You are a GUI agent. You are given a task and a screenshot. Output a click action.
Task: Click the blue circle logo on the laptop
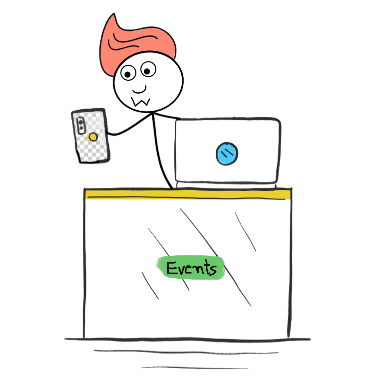pyautogui.click(x=227, y=154)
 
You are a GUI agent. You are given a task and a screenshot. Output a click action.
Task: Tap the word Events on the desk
pyautogui.click(x=192, y=268)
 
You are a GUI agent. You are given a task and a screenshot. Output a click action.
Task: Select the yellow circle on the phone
pyautogui.click(x=93, y=137)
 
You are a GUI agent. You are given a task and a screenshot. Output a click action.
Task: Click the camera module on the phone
pyautogui.click(x=81, y=125)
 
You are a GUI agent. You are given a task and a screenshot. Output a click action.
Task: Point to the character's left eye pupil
pyautogui.click(x=127, y=75)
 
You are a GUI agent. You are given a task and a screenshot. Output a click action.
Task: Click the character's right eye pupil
pyautogui.click(x=147, y=71)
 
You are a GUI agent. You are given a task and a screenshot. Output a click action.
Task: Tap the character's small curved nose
pyautogui.click(x=139, y=90)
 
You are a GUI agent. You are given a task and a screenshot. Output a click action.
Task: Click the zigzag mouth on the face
pyautogui.click(x=141, y=102)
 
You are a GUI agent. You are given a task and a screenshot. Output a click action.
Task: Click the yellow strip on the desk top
pyautogui.click(x=188, y=194)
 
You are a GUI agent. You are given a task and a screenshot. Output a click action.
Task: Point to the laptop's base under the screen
pyautogui.click(x=226, y=185)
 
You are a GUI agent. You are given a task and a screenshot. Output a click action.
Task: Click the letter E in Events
pyautogui.click(x=172, y=268)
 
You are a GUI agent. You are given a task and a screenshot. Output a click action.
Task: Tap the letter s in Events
pyautogui.click(x=212, y=270)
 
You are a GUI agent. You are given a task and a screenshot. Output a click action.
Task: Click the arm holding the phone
pyautogui.click(x=130, y=125)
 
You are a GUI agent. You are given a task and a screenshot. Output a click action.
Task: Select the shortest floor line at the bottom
pyautogui.click(x=195, y=368)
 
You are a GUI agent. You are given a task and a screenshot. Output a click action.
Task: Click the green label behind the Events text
pyautogui.click(x=191, y=268)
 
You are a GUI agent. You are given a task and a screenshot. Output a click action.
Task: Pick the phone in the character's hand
pyautogui.click(x=90, y=136)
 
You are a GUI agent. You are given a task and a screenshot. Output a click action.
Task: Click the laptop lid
pyautogui.click(x=228, y=150)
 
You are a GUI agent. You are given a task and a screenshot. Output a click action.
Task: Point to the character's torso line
pyautogui.click(x=160, y=152)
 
